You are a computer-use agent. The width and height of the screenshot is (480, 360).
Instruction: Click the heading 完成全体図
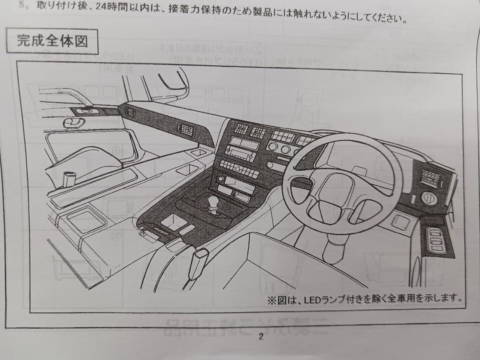tap(52, 41)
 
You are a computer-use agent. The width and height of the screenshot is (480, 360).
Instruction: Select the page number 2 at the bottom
tap(261, 336)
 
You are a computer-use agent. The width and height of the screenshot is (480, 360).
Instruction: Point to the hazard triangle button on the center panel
tap(240, 168)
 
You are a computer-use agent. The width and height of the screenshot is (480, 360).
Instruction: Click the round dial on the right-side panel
tap(429, 198)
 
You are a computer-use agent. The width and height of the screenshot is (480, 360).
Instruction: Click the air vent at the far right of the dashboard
tap(429, 179)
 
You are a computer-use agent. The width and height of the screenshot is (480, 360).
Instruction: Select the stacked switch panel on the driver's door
tap(436, 240)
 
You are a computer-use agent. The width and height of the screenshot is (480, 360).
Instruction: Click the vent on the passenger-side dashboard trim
tap(186, 129)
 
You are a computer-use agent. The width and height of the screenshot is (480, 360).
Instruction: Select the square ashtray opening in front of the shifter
tap(173, 222)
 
